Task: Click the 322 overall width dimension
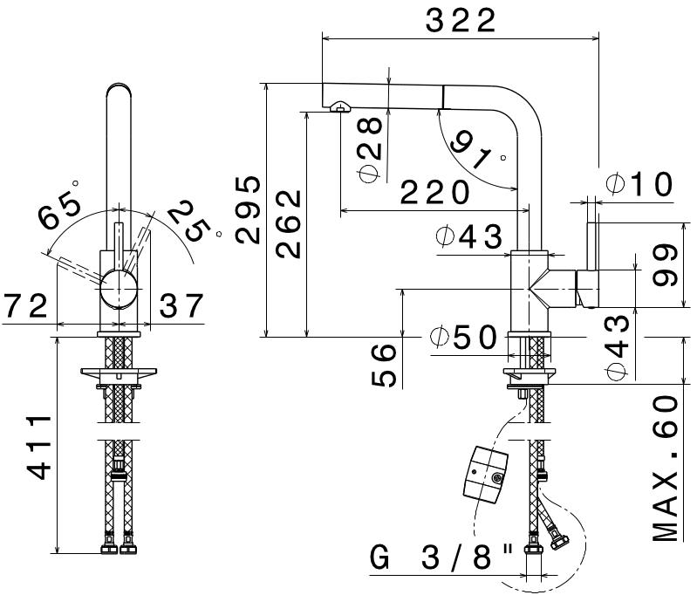point(461,20)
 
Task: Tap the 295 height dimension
point(248,210)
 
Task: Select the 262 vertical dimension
point(289,223)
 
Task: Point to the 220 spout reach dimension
point(434,192)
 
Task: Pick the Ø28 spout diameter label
point(369,149)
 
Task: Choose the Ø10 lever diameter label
point(639,184)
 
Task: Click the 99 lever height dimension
point(665,264)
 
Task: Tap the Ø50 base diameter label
point(462,337)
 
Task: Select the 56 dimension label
point(383,365)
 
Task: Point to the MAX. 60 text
point(666,468)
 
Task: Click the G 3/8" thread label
point(441,557)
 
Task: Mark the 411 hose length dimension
point(39,448)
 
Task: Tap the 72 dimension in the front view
point(25,306)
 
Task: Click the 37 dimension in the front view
point(181,305)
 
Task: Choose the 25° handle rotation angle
point(192,221)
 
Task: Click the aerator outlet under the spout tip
point(340,106)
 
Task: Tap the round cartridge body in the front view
point(119,289)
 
